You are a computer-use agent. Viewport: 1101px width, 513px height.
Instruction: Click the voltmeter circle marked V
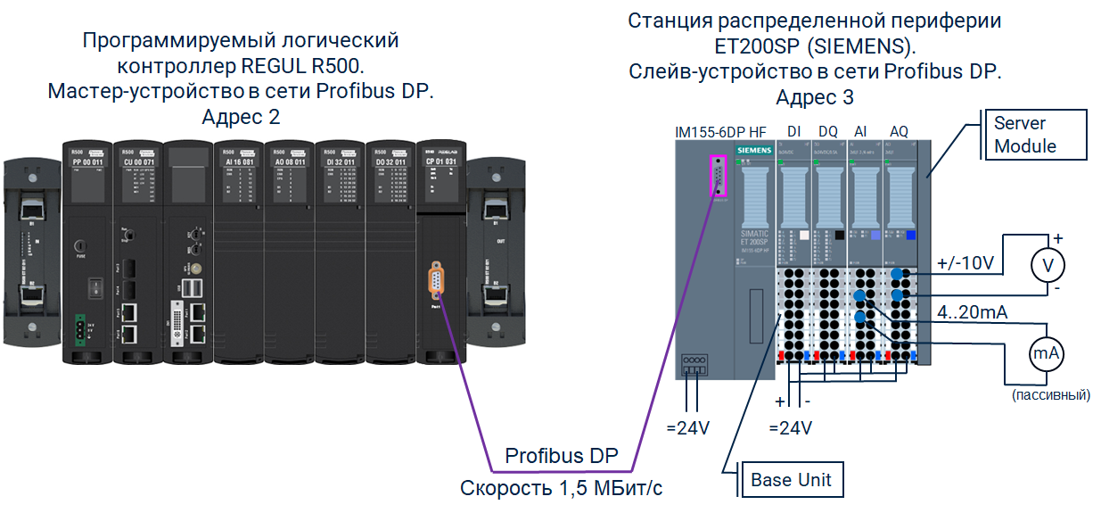(x=1048, y=265)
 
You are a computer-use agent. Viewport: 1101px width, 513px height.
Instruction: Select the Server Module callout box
(x=1034, y=135)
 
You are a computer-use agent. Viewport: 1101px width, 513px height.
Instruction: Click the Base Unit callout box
(x=792, y=480)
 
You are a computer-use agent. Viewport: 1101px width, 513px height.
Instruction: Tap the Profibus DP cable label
(x=562, y=455)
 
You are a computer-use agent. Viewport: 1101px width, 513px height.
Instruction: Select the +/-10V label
(x=965, y=263)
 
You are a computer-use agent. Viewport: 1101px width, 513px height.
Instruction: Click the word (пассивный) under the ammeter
(x=1051, y=394)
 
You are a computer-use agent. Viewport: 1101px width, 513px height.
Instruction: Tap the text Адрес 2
(x=241, y=117)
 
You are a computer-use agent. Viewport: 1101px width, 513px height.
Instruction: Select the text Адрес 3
(x=815, y=96)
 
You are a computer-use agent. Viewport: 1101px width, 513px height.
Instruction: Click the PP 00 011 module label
(x=87, y=161)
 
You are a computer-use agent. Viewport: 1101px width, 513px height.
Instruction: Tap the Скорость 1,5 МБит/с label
(x=562, y=488)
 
